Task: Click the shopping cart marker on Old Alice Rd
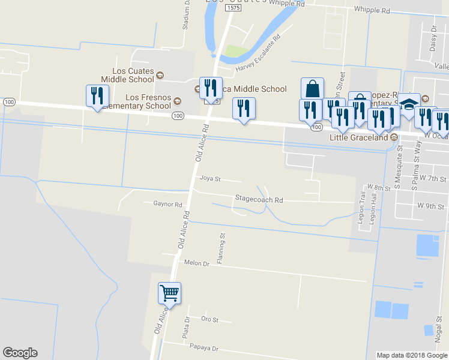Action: (169, 293)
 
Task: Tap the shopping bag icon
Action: (312, 89)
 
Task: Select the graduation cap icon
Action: (409, 104)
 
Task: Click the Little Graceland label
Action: (360, 137)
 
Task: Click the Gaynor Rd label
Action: (167, 204)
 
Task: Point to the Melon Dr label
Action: (196, 263)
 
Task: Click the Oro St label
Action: (209, 319)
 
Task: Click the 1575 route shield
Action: (233, 9)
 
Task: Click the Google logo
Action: (20, 353)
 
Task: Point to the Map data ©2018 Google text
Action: (411, 355)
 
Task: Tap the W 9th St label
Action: (432, 206)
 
